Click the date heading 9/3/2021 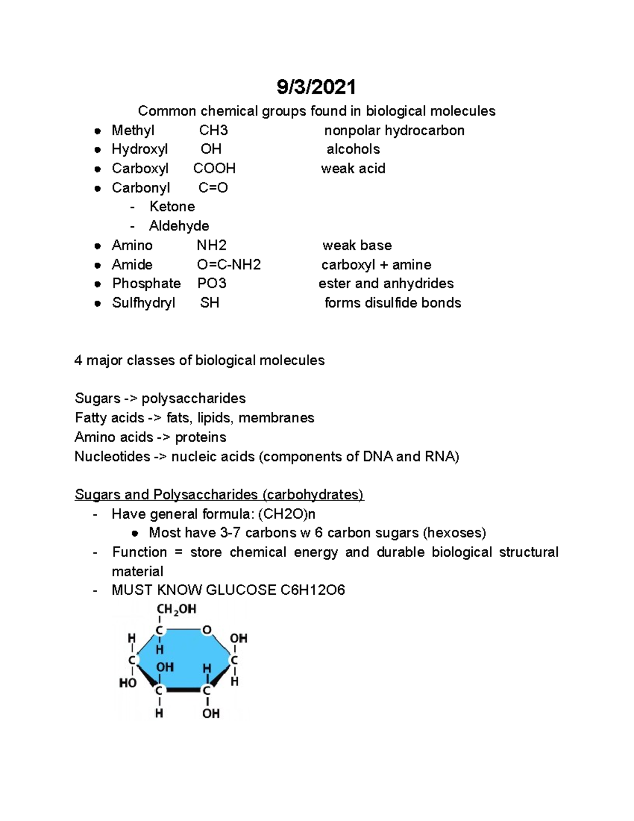pyautogui.click(x=316, y=87)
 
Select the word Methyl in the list pyautogui.click(x=133, y=131)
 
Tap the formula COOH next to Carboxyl pyautogui.click(x=214, y=169)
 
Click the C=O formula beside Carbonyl pyautogui.click(x=213, y=188)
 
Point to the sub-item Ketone pyautogui.click(x=172, y=207)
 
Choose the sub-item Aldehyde pyautogui.click(x=179, y=226)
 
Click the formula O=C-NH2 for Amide pyautogui.click(x=229, y=265)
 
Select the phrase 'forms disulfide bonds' pyautogui.click(x=393, y=303)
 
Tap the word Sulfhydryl pyautogui.click(x=143, y=303)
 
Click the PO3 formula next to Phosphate pyautogui.click(x=212, y=284)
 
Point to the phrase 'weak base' pyautogui.click(x=357, y=245)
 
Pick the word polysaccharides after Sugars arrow pyautogui.click(x=193, y=399)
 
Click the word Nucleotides pyautogui.click(x=112, y=457)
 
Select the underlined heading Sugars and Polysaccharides pyautogui.click(x=219, y=495)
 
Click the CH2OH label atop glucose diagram pyautogui.click(x=176, y=610)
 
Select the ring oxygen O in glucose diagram pyautogui.click(x=207, y=630)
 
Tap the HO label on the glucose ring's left pyautogui.click(x=128, y=683)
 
